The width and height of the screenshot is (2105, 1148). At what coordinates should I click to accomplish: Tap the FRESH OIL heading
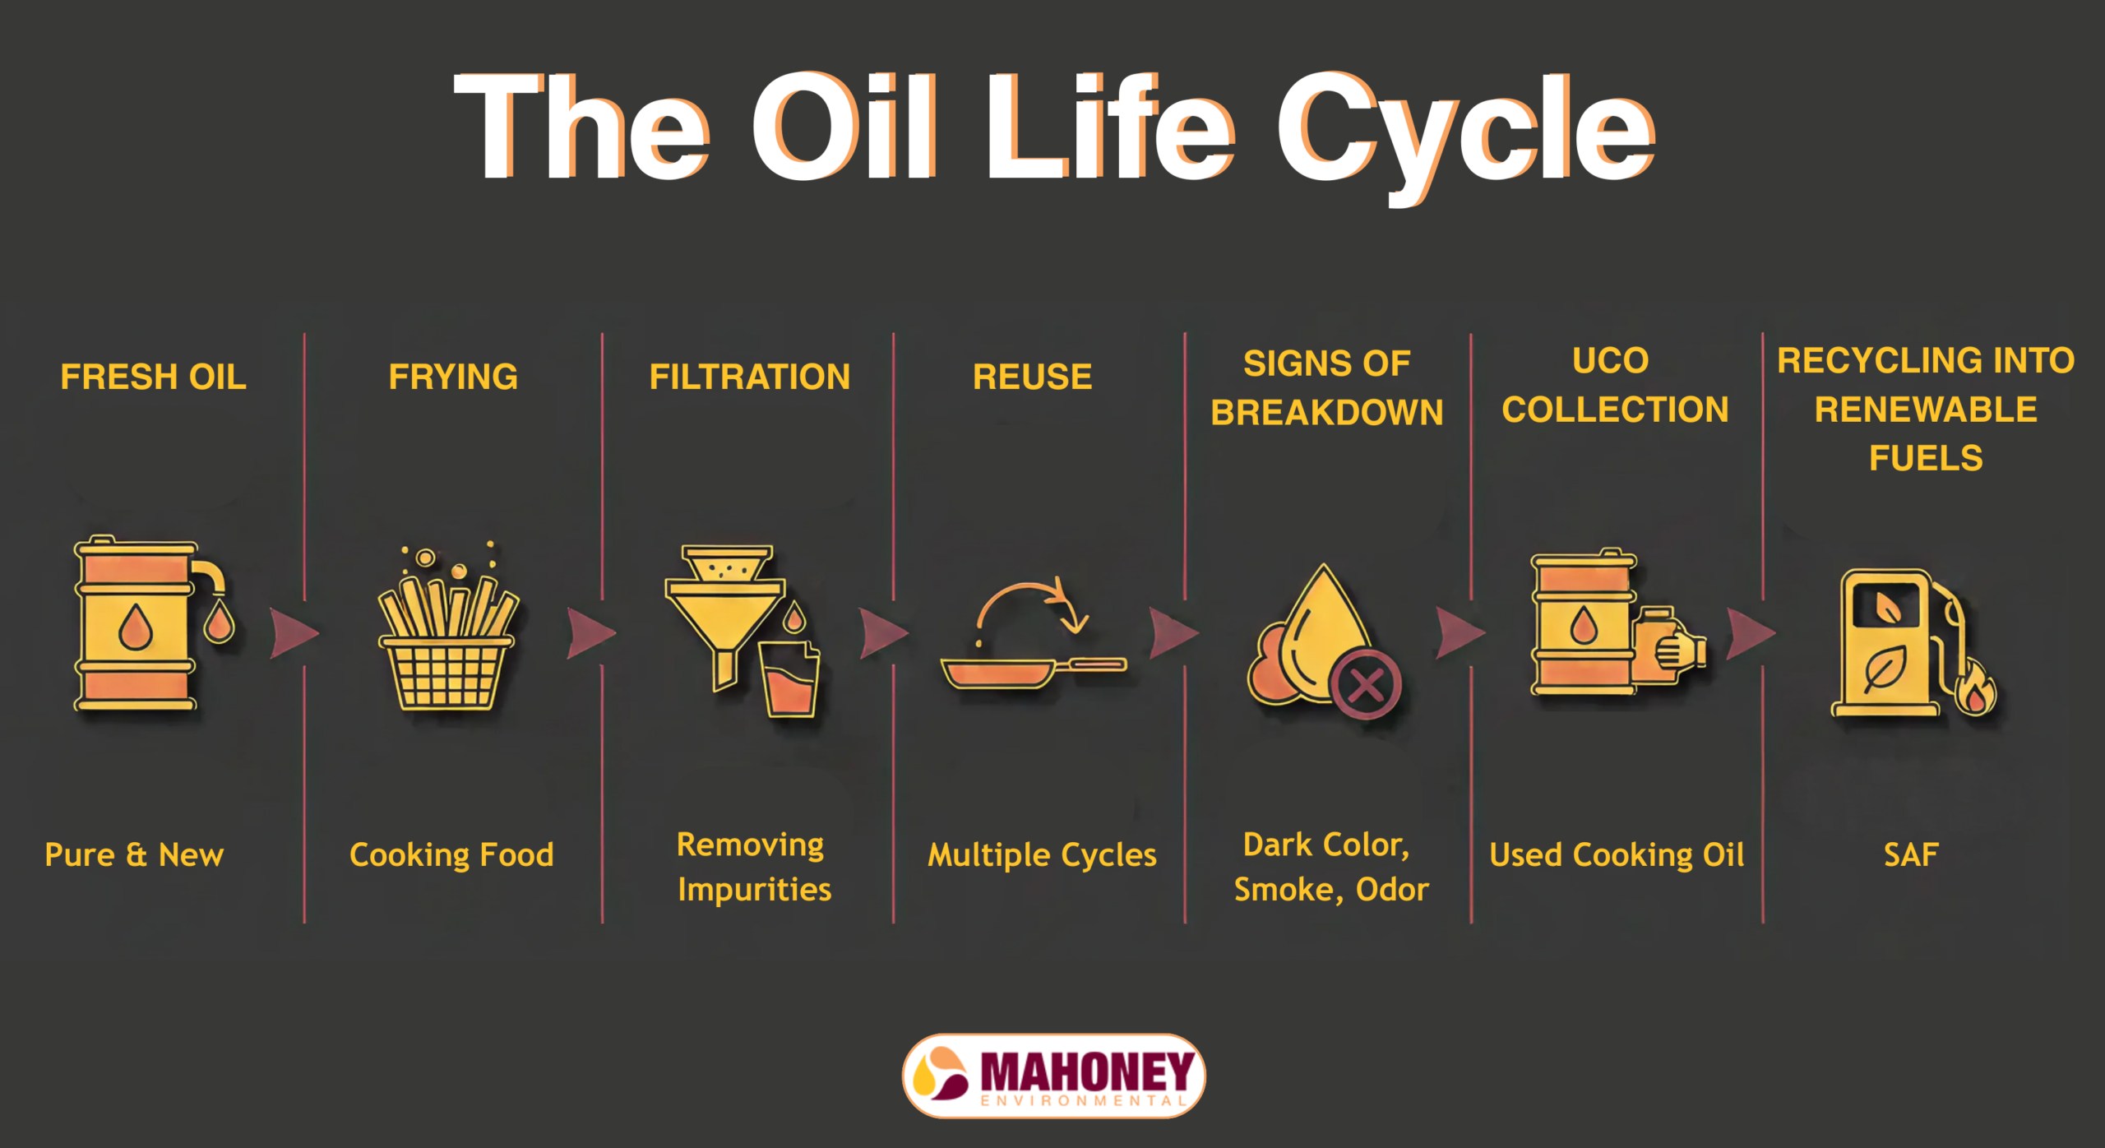[x=153, y=377]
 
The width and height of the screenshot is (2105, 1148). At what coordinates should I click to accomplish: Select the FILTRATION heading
[x=749, y=377]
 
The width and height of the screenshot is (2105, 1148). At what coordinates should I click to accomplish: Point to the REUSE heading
[x=1032, y=377]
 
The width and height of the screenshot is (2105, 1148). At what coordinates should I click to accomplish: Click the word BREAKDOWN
[x=1326, y=412]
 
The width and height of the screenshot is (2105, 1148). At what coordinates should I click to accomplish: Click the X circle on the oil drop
[x=1366, y=684]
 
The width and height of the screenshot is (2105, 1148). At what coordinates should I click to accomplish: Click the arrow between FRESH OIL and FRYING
[x=294, y=633]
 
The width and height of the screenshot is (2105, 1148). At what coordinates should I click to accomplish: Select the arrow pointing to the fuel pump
[x=1751, y=633]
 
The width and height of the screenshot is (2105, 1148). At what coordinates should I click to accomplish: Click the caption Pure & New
[x=134, y=854]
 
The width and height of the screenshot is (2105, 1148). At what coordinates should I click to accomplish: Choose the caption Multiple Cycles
[x=1042, y=855]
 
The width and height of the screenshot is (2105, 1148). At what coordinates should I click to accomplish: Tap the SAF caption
[x=1911, y=854]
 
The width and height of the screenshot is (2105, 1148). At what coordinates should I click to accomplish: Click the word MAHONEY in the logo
[x=1087, y=1072]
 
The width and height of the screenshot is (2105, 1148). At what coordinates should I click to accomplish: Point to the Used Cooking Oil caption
[x=1617, y=854]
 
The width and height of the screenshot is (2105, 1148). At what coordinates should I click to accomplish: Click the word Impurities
[x=755, y=890]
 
